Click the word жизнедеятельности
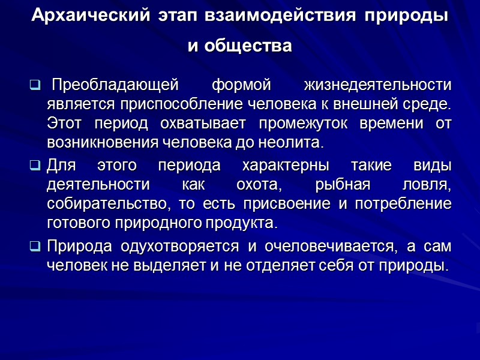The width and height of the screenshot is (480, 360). tap(378, 83)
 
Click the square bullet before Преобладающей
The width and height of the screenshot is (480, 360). tap(35, 83)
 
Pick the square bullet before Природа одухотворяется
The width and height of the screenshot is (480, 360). tap(35, 247)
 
